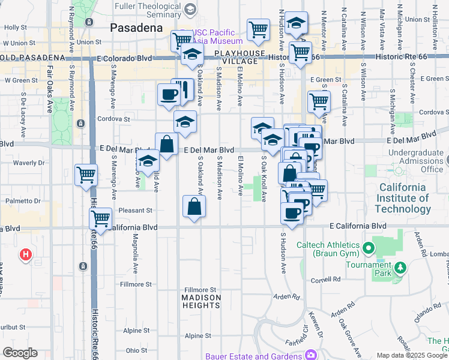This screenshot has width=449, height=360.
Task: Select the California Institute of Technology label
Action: [403, 198]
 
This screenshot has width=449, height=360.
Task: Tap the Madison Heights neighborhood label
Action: [201, 301]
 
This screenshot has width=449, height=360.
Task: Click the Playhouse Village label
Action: [240, 57]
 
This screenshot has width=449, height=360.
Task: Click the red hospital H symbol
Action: [25, 255]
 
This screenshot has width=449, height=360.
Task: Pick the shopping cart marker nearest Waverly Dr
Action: [86, 175]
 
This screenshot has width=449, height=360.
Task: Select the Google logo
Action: [20, 353]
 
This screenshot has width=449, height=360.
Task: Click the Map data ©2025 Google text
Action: [412, 355]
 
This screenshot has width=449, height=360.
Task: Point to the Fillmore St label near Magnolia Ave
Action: [136, 284]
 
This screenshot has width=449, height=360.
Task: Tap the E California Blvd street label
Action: [358, 226]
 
